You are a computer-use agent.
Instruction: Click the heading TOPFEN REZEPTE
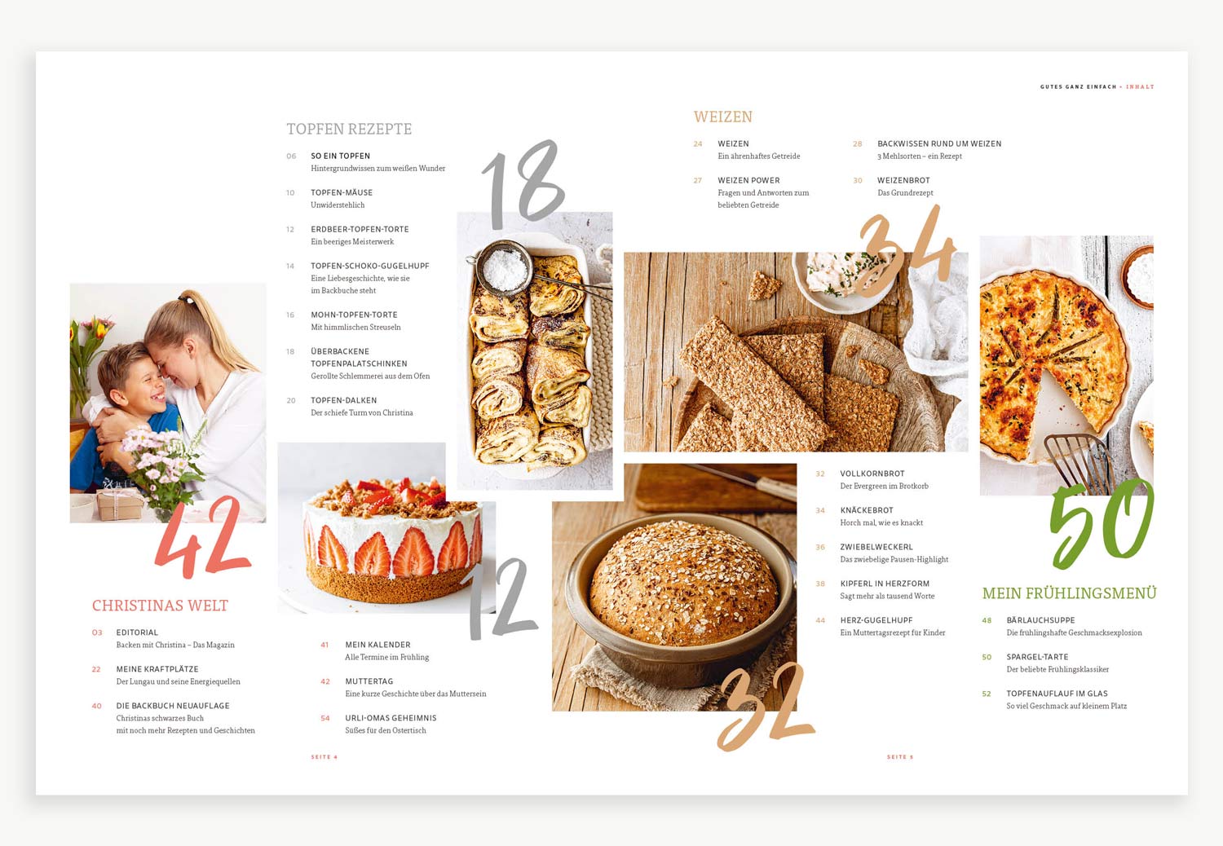(350, 129)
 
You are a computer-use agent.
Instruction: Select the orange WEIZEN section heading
(723, 117)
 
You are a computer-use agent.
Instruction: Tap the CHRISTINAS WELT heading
(160, 606)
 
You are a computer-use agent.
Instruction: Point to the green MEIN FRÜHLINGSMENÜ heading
(1069, 593)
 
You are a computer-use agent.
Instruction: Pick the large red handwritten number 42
(203, 538)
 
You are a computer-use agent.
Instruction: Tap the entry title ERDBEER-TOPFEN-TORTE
(360, 229)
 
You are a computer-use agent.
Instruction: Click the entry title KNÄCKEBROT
(867, 510)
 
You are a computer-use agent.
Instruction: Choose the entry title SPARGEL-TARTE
(1037, 657)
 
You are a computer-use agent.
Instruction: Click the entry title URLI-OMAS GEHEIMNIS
(391, 718)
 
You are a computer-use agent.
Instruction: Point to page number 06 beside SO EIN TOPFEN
(291, 156)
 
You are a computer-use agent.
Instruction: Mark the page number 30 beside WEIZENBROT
(858, 181)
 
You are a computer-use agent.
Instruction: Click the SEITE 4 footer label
(325, 757)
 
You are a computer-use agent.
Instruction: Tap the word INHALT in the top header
(1140, 86)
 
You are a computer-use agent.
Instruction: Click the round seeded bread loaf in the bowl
(682, 584)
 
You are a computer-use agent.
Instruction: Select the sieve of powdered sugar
(502, 268)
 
